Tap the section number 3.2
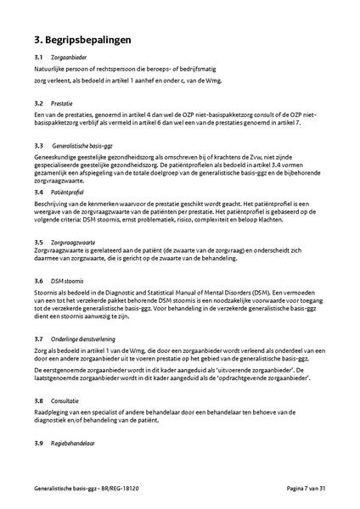(x=39, y=102)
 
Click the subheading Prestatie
(x=61, y=102)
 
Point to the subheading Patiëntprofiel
(x=70, y=193)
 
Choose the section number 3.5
(x=39, y=243)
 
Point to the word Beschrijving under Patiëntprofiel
(x=53, y=204)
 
